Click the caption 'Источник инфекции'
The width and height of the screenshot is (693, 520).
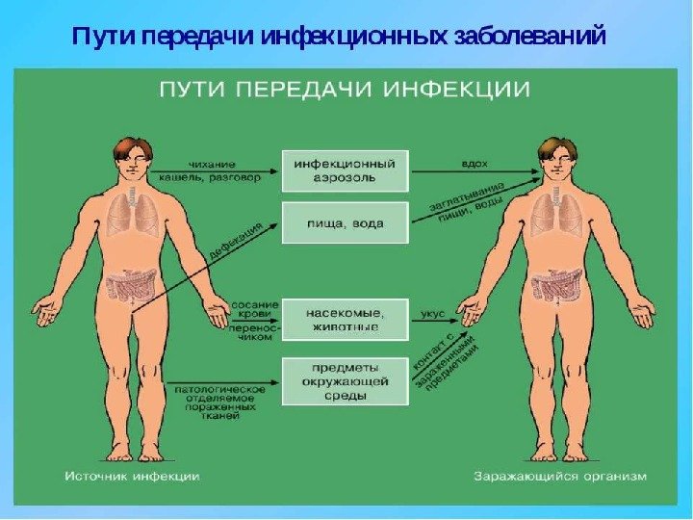click(x=133, y=476)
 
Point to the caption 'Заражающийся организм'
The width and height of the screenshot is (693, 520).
click(x=561, y=476)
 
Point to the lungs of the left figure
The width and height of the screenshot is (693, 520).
click(x=127, y=214)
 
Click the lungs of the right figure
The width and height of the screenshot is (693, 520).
click(x=556, y=214)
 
